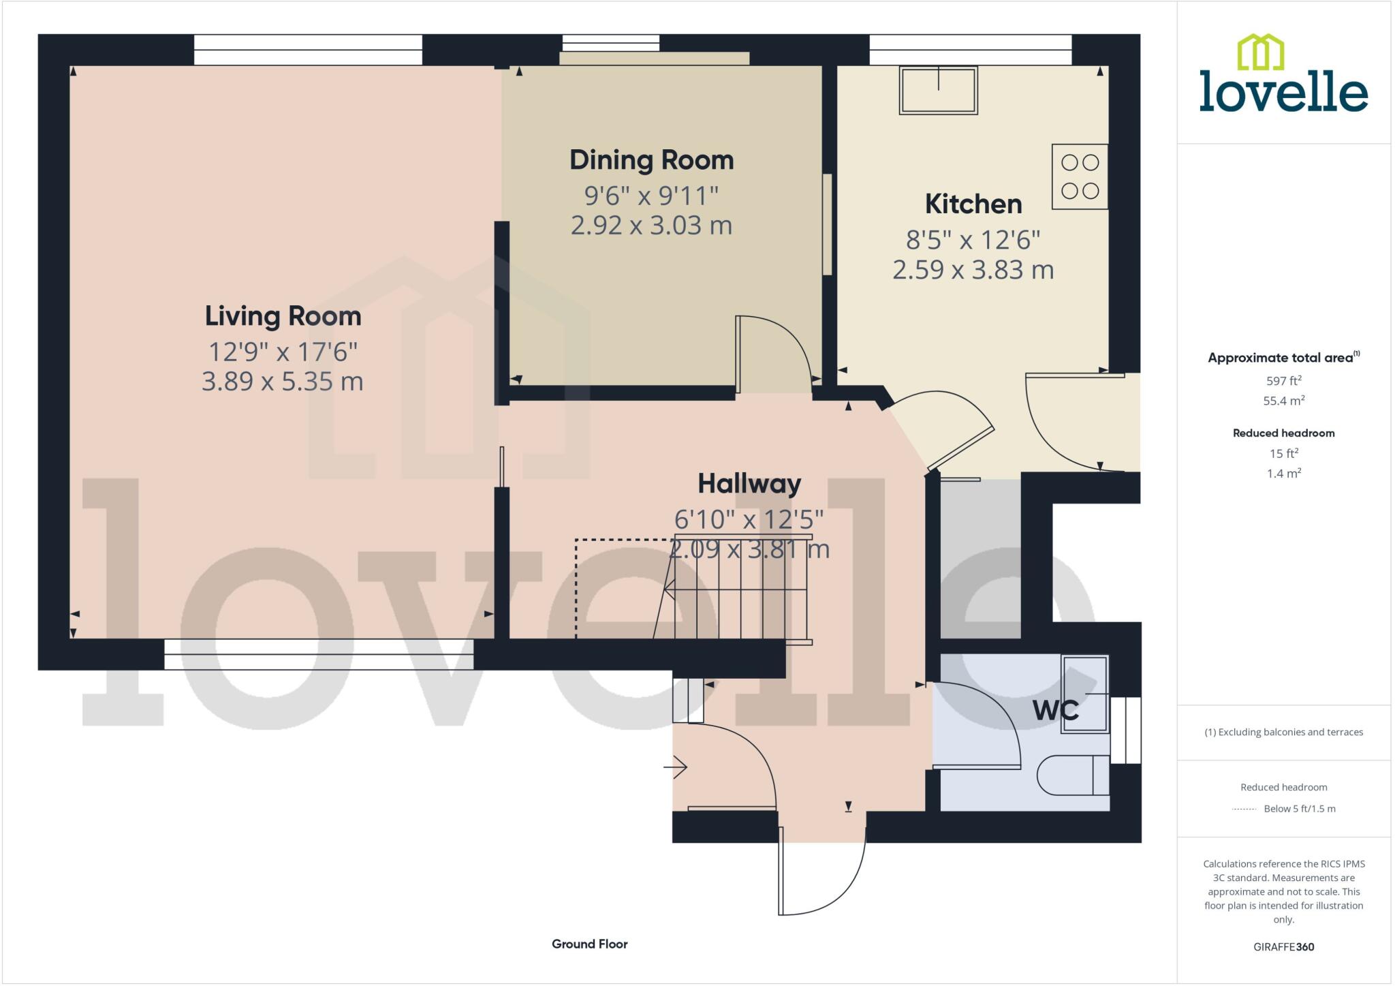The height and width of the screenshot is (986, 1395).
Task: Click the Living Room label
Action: point(283,316)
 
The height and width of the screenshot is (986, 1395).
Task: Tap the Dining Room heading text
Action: point(651,160)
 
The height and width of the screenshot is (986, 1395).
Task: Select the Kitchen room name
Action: point(973,204)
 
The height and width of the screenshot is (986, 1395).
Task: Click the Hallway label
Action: point(749,484)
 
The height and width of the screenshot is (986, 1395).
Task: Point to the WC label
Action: point(1055,711)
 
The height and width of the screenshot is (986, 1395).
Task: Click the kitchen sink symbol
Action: point(938,90)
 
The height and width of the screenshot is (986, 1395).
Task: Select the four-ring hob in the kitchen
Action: point(1080,176)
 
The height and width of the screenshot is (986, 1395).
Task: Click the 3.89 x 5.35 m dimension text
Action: point(282,381)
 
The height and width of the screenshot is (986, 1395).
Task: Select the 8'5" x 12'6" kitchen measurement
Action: point(973,240)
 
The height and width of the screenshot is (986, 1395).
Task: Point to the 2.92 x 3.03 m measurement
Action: point(651,226)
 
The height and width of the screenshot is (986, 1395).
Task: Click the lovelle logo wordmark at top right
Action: point(1283,94)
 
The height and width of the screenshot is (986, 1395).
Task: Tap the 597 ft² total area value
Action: point(1283,381)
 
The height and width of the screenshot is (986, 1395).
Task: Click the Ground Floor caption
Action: point(589,944)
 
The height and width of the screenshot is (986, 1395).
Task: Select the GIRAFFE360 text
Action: point(1283,946)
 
